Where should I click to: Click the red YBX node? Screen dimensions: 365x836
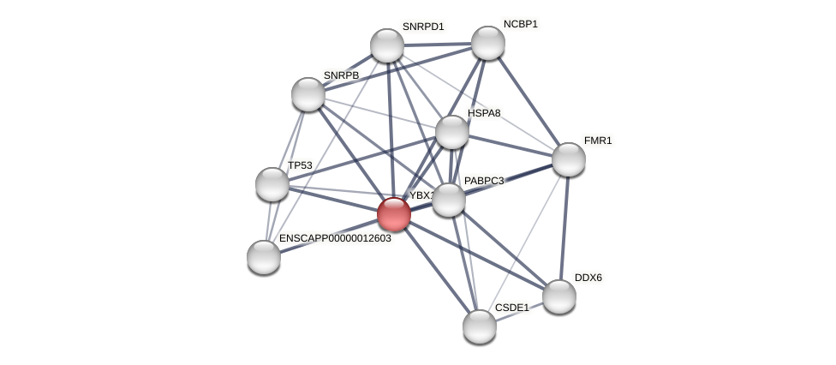point(394,214)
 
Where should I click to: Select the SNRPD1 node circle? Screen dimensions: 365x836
point(387,45)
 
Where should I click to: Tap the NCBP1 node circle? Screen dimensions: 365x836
point(488,43)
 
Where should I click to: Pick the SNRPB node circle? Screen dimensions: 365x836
point(308,94)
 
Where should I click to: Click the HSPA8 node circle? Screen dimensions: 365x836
point(452,132)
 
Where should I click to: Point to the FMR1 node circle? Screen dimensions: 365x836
point(569,159)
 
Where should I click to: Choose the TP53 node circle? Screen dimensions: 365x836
point(272,184)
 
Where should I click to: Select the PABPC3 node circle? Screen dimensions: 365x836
point(449,200)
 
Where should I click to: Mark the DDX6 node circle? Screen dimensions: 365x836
point(559,296)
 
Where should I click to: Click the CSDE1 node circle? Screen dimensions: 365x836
point(480,326)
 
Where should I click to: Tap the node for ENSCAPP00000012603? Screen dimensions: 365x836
point(264,257)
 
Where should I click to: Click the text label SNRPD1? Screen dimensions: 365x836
point(423,27)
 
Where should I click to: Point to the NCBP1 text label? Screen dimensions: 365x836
point(521,24)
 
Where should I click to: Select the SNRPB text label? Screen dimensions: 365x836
point(341,75)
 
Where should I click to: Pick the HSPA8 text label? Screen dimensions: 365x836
point(484,113)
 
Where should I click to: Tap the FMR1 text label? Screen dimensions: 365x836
point(598,141)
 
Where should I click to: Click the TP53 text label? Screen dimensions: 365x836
point(300,165)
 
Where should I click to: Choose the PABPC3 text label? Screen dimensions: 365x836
point(484,181)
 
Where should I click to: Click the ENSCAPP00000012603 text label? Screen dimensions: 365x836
point(335,238)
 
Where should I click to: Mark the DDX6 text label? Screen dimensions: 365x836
point(588,278)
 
